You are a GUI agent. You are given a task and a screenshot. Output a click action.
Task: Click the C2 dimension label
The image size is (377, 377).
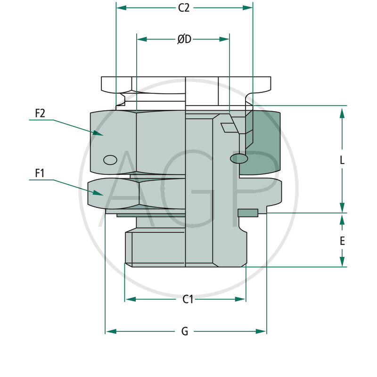pos(184,8)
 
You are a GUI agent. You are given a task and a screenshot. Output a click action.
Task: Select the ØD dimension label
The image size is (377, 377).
pos(184,40)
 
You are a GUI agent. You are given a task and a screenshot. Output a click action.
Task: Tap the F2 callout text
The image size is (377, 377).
pos(40,114)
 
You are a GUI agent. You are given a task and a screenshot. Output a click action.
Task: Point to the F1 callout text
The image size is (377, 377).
pos(40,173)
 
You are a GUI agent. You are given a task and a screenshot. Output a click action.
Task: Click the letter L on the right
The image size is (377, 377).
pos(342,160)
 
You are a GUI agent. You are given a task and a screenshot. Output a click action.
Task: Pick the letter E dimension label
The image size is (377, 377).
pos(342,241)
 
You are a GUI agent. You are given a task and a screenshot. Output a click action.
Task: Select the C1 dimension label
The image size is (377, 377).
pos(188,299)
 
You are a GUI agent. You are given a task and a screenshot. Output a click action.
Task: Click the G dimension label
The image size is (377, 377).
pos(185,332)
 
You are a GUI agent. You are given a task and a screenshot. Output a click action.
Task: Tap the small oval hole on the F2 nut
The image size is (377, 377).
pos(110,160)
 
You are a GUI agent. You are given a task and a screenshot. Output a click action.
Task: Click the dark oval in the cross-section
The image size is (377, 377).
pos(239,159)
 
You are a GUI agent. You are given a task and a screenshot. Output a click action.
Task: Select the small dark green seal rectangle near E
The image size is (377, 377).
pos(248,213)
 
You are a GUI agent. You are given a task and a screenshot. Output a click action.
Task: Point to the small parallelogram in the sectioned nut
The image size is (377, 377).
pos(228,127)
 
